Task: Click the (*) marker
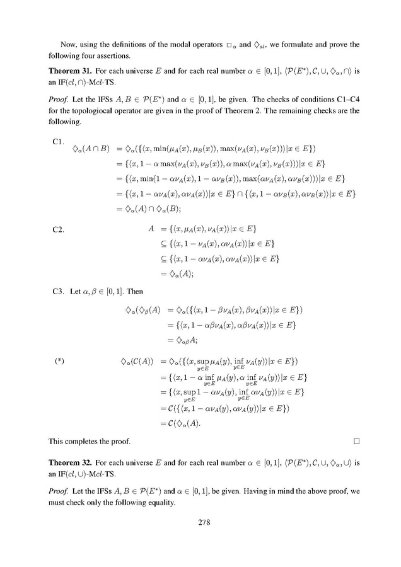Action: point(59,361)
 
